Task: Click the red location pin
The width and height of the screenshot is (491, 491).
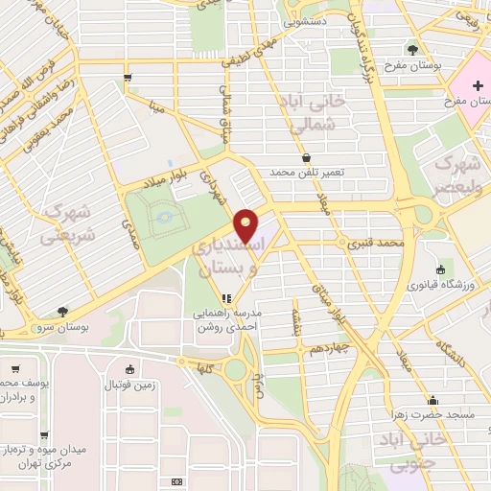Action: (x=246, y=225)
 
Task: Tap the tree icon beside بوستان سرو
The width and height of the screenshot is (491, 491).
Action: (x=62, y=311)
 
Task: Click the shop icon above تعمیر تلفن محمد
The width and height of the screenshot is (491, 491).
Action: (x=306, y=157)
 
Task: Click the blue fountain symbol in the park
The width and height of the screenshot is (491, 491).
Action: (x=167, y=218)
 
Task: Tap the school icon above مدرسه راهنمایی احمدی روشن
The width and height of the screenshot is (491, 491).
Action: (x=227, y=298)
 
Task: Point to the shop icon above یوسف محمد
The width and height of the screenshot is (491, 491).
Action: (x=16, y=368)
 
